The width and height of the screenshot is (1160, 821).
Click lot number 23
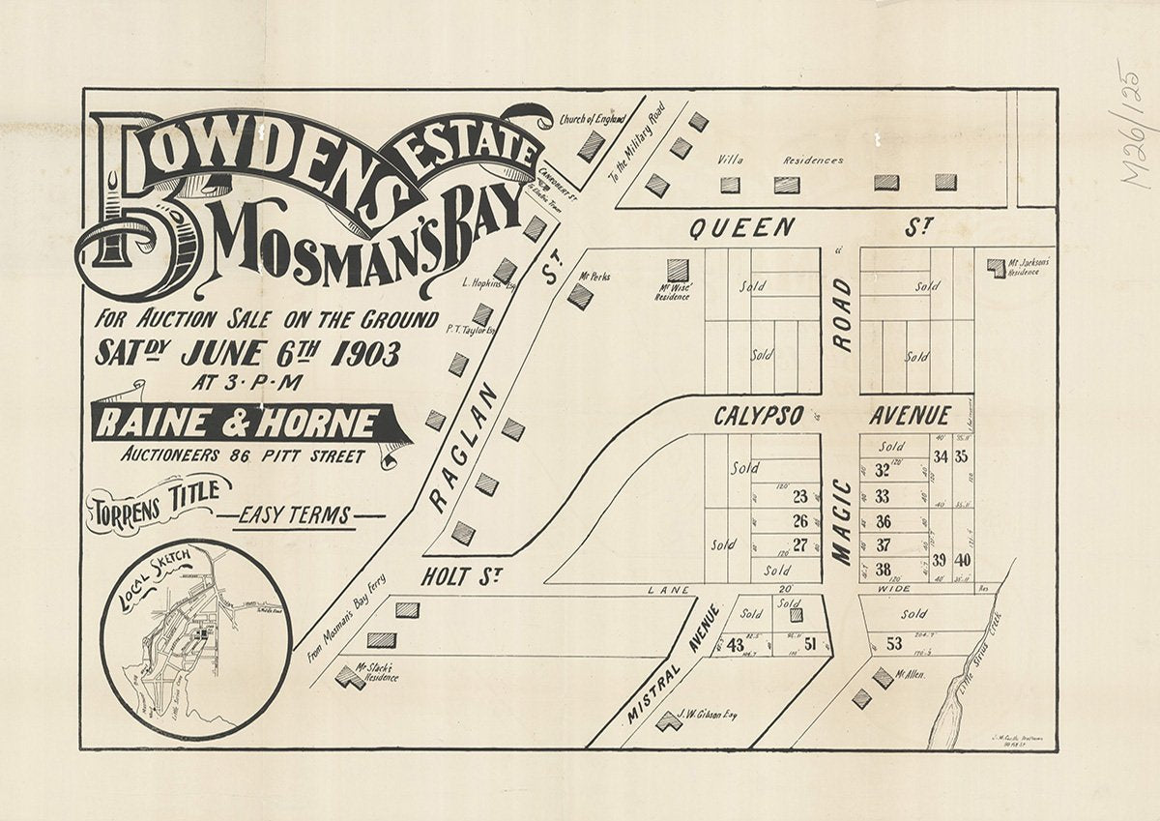(x=799, y=497)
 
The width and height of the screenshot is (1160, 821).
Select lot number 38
(x=883, y=569)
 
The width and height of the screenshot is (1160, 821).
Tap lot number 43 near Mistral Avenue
(x=736, y=645)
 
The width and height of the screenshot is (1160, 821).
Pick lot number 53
(x=893, y=643)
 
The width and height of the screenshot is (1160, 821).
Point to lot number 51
(x=810, y=645)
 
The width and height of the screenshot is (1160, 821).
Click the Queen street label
(x=741, y=228)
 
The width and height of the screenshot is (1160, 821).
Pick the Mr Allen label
(x=912, y=674)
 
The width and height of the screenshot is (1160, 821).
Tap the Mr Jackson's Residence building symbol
(x=996, y=268)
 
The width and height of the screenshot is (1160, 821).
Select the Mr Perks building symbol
(x=580, y=296)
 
